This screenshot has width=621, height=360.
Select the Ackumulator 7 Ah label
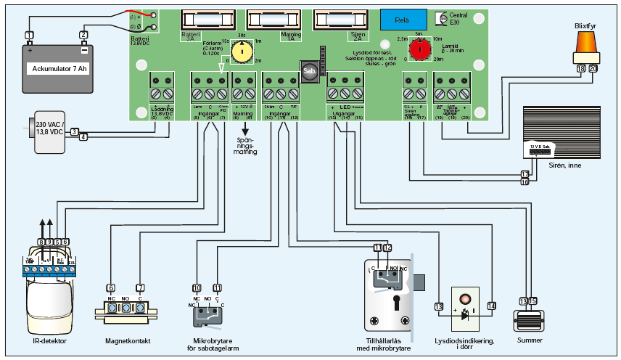point(59,69)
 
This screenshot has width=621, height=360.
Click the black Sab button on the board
point(308,71)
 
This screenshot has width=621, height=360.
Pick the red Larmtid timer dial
point(418,51)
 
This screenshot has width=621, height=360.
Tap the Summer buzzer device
point(528,319)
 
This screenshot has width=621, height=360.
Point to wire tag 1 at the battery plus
point(29,35)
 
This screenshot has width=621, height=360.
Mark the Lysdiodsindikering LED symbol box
point(464,310)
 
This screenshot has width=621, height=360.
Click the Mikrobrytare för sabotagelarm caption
point(211,344)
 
